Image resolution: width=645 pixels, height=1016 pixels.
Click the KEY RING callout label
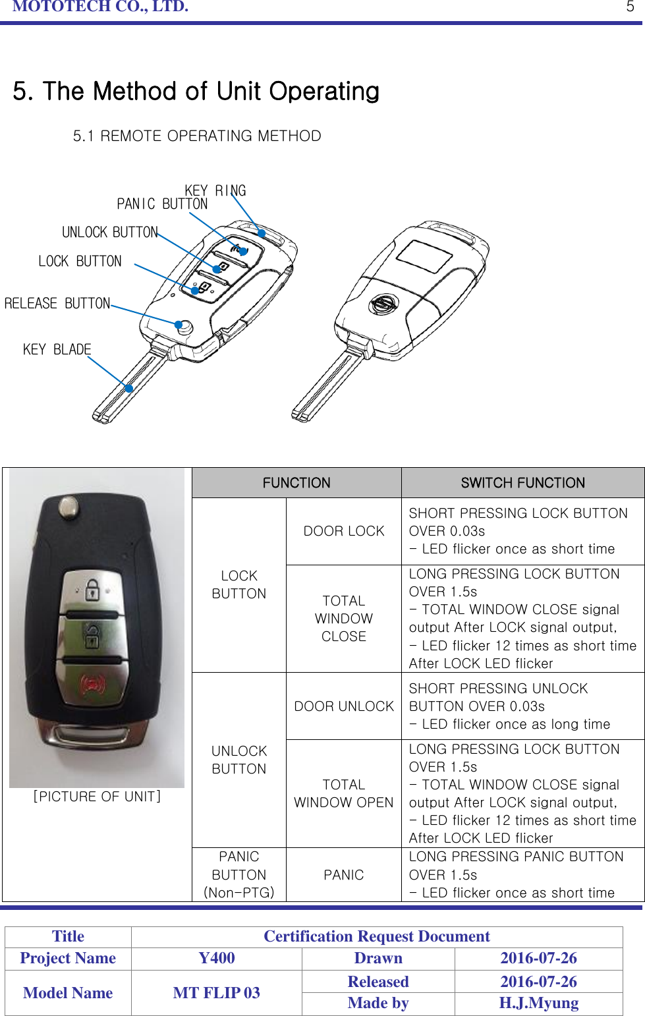tap(215, 190)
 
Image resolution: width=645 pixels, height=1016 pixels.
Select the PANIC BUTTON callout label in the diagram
tap(161, 204)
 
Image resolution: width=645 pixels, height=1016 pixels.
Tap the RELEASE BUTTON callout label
tap(57, 304)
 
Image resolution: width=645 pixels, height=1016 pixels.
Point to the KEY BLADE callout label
tap(57, 349)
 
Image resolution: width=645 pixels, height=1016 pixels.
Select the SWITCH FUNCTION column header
tap(522, 483)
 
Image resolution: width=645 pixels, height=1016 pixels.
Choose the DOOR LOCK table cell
tap(344, 531)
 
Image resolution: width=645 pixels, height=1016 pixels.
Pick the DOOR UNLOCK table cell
tap(344, 706)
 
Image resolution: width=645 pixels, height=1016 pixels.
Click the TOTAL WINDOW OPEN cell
tap(344, 793)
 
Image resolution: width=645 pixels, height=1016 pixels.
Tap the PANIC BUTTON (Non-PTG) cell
tap(239, 874)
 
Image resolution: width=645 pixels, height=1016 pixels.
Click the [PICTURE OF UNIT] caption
tap(97, 797)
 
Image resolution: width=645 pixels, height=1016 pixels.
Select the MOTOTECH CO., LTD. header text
tap(100, 7)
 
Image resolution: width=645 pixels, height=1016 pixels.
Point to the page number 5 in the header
tap(630, 7)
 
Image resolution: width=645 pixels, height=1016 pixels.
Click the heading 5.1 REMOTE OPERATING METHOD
tap(197, 136)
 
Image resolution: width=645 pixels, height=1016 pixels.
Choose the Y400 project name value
tap(217, 958)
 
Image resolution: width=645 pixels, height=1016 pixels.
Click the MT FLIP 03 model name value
tap(217, 992)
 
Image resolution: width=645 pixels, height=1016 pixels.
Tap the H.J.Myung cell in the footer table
tap(538, 1003)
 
